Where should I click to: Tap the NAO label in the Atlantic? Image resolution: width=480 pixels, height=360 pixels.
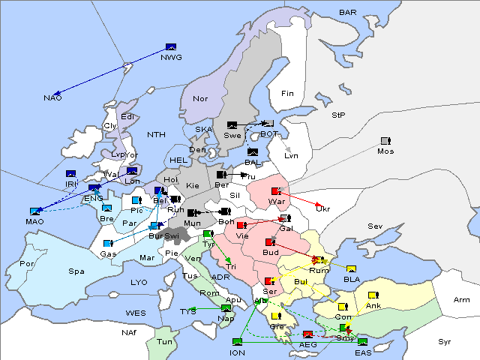pos(52,98)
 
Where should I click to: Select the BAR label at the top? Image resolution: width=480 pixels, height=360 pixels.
pos(348,13)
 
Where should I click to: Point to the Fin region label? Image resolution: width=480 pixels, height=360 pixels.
pos(287,94)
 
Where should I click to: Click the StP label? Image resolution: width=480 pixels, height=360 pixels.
pos(338,115)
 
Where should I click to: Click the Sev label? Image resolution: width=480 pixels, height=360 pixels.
pos(375,226)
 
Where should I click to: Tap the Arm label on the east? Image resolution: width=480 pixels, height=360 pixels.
pos(462,300)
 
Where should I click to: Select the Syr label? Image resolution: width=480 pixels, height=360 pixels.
pos(445,341)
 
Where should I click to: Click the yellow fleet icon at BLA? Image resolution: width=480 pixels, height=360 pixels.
pos(351,269)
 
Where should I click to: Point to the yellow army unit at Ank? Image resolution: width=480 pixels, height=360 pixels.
pos(373,295)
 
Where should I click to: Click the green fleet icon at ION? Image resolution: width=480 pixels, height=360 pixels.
pos(238,342)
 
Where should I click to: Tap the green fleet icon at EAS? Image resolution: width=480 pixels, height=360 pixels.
pos(362,343)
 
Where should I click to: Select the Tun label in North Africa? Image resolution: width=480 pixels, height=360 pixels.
pos(164,342)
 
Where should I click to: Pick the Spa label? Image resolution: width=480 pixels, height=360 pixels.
pos(76,271)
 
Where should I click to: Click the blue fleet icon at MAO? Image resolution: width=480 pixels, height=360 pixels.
pos(35,211)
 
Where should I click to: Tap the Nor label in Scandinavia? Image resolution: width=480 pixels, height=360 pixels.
pos(200,98)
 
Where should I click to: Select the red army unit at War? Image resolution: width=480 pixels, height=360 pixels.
pos(277,192)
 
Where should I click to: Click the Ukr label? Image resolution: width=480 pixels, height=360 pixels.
pos(322,209)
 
